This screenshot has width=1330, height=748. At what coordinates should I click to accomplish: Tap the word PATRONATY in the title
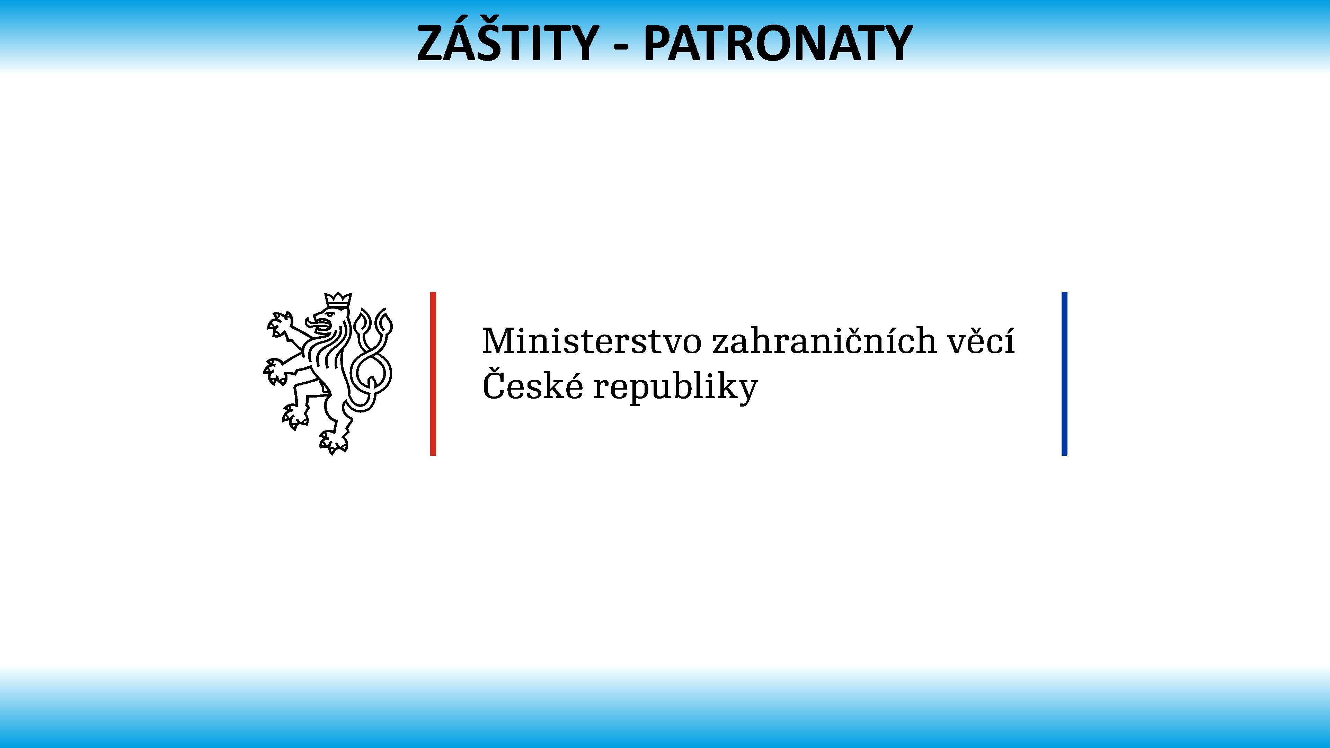coord(778,43)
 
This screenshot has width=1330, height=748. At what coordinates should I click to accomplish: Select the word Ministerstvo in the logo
coord(592,341)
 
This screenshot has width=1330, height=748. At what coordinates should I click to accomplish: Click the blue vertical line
coord(1064,374)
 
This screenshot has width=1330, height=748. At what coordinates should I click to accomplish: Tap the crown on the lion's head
coord(338,301)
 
